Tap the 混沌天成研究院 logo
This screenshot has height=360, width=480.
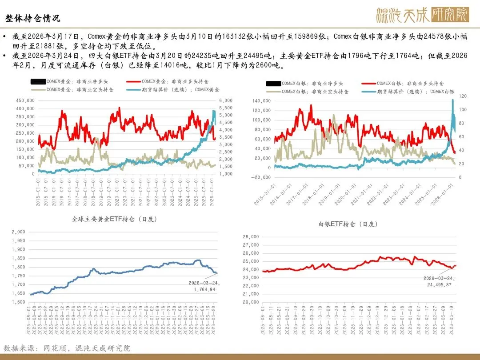pyautogui.click(x=422, y=15)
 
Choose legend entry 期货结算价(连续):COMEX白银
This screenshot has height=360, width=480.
pyautogui.click(x=416, y=92)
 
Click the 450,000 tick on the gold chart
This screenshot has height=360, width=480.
pyautogui.click(x=26, y=100)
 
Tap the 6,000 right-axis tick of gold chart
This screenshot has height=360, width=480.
pyautogui.click(x=226, y=100)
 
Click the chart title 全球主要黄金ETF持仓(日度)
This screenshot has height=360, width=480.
pyautogui.click(x=115, y=219)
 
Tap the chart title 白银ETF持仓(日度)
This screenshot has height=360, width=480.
pyautogui.click(x=348, y=224)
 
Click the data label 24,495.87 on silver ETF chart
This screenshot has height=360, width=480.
pyautogui.click(x=438, y=284)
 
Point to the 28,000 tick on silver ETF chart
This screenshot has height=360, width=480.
pyautogui.click(x=250, y=236)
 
